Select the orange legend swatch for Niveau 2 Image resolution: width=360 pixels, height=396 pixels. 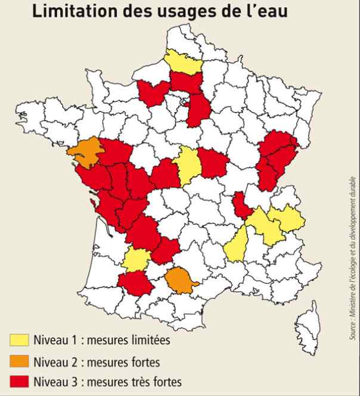(x=19, y=361)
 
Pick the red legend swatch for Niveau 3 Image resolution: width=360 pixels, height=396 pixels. (x=19, y=380)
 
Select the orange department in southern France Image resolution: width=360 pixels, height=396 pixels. (x=178, y=280)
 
